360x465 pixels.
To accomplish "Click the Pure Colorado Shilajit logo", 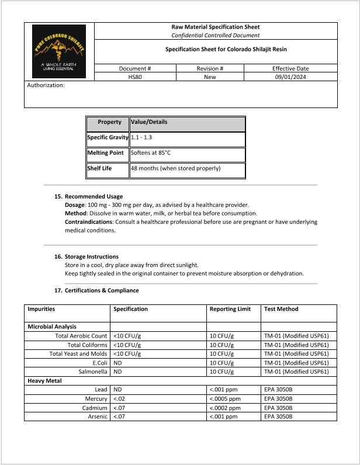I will tap(58, 51).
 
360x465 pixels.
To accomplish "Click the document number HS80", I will tap(135, 77).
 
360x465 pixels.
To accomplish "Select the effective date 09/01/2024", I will tap(290, 77).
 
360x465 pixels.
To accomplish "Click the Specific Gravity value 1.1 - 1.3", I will tap(141, 137).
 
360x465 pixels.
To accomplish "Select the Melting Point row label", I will tap(105, 152).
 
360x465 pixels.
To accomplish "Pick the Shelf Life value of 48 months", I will tap(175, 168).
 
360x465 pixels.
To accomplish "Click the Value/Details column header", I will tap(148, 122).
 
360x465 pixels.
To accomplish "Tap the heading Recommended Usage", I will tap(94, 196).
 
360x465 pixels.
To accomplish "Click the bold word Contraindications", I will tap(88, 222).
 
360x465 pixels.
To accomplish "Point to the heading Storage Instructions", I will tap(92, 256).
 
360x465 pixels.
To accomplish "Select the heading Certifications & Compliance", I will tap(102, 290).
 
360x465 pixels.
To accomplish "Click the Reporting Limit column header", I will tap(230, 309).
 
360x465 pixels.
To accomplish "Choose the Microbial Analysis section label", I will tap(52, 327).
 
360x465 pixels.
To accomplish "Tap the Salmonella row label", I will tap(92, 372).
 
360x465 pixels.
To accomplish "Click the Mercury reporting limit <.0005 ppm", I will tap(225, 398).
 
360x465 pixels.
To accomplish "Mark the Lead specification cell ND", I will tap(117, 389).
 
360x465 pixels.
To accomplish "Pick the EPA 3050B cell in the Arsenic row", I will tap(278, 417).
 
